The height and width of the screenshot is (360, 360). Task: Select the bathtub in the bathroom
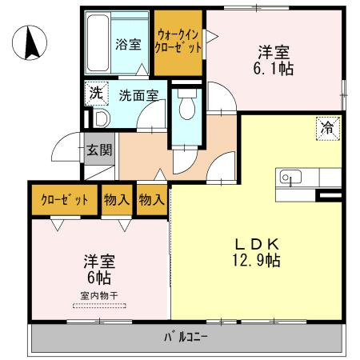(97, 42)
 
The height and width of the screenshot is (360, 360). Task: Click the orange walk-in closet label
(178, 42)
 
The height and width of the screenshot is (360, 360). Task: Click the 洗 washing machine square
(95, 93)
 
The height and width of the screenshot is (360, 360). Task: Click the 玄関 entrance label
(100, 150)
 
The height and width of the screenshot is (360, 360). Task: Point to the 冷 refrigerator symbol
(327, 126)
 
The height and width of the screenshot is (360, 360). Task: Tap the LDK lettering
(256, 244)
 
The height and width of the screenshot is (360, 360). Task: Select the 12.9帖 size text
(257, 261)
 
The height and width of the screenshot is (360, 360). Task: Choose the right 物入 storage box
(151, 199)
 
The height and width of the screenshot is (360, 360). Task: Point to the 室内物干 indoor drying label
(99, 296)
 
